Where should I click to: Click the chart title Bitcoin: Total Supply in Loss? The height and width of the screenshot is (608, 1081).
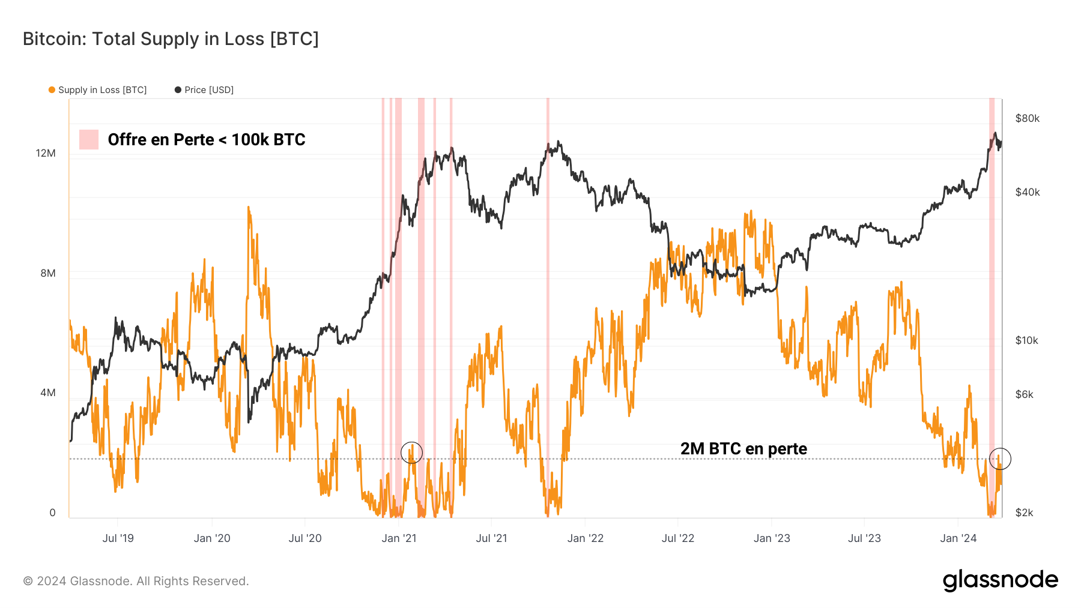pyautogui.click(x=171, y=39)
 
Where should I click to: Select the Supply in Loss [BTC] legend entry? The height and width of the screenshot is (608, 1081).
pyautogui.click(x=98, y=90)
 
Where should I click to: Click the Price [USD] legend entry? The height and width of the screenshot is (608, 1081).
pyautogui.click(x=204, y=90)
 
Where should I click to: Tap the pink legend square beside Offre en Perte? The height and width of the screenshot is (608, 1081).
pyautogui.click(x=89, y=139)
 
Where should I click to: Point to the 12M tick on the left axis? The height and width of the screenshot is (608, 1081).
pyautogui.click(x=46, y=153)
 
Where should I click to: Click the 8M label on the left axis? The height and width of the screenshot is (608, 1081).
pyautogui.click(x=48, y=273)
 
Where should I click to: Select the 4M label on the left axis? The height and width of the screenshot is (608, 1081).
pyautogui.click(x=48, y=393)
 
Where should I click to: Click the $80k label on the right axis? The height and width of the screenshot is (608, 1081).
pyautogui.click(x=1027, y=118)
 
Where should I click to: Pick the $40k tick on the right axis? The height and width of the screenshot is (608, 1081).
pyautogui.click(x=1027, y=192)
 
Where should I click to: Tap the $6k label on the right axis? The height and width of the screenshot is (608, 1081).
pyautogui.click(x=1025, y=394)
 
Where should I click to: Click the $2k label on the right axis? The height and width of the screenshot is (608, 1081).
pyautogui.click(x=1025, y=513)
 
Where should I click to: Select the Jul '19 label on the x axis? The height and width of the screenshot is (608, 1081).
pyautogui.click(x=118, y=538)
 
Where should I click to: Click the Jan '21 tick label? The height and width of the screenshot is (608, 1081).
pyautogui.click(x=399, y=538)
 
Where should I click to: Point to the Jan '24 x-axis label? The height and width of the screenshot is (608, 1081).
pyautogui.click(x=958, y=538)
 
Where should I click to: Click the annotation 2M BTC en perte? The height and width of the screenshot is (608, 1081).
pyautogui.click(x=743, y=449)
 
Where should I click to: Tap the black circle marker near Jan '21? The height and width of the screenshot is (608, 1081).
pyautogui.click(x=411, y=453)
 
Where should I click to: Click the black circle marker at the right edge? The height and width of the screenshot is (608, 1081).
pyautogui.click(x=1000, y=459)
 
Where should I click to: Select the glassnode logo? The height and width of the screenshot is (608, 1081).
pyautogui.click(x=1000, y=580)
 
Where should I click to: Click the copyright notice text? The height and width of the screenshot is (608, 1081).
pyautogui.click(x=136, y=581)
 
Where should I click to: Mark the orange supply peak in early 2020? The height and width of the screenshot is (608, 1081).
pyautogui.click(x=249, y=208)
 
